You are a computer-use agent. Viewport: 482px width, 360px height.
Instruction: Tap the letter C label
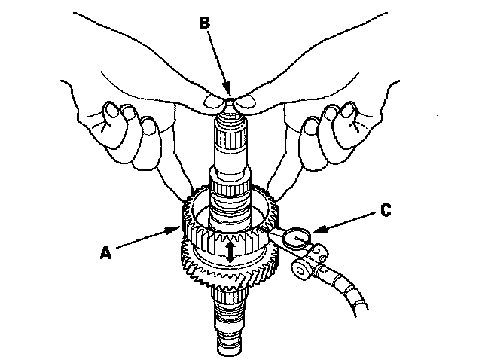click(386, 212)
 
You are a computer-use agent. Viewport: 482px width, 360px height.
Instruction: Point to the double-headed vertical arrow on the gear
click(230, 251)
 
